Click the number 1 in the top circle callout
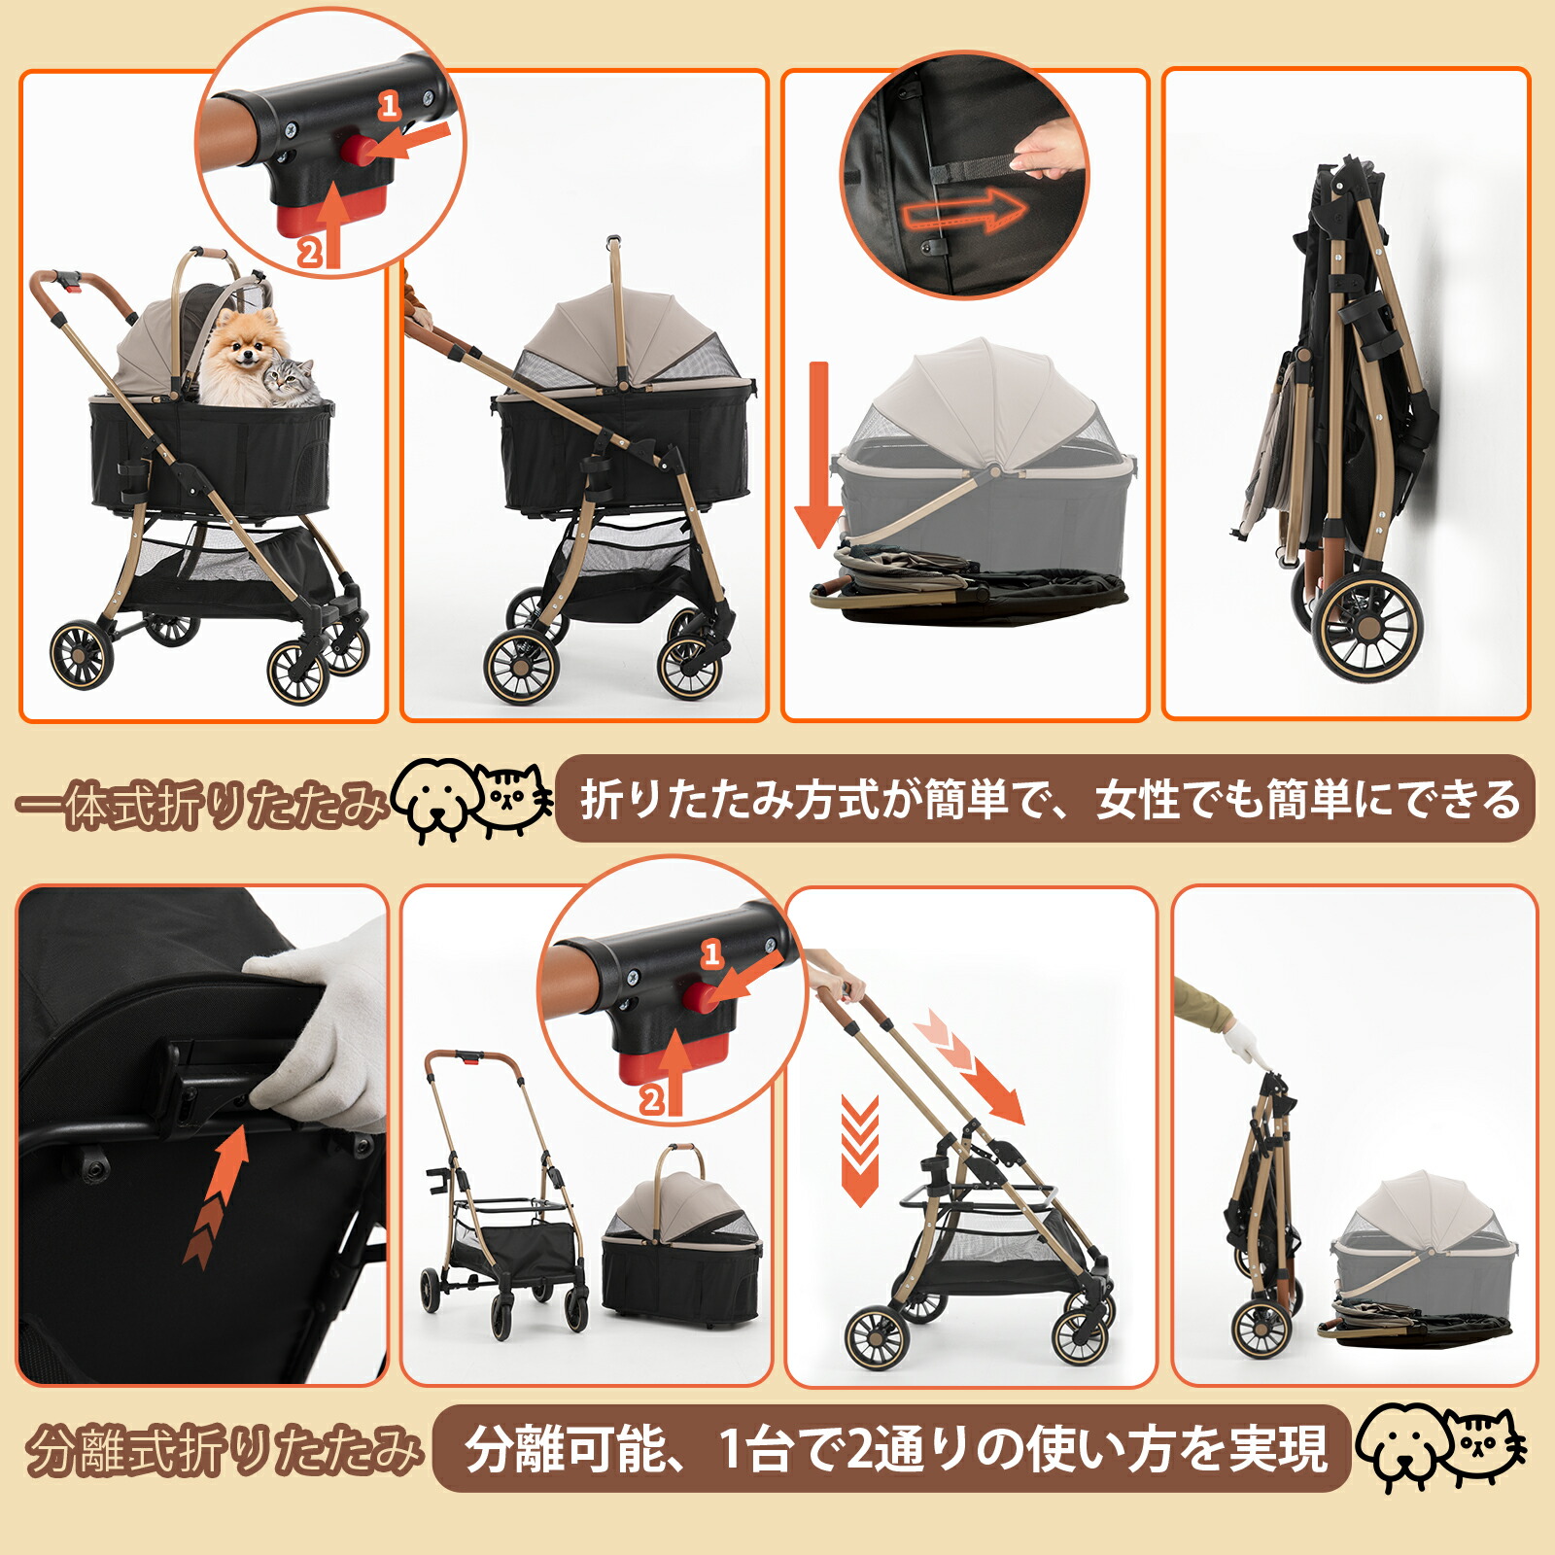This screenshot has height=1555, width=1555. tap(390, 105)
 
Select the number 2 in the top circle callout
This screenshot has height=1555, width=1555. tap(309, 253)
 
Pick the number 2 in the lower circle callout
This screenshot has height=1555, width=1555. tap(651, 1100)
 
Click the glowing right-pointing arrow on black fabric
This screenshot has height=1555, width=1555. tap(962, 210)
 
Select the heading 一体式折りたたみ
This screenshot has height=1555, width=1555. tap(202, 805)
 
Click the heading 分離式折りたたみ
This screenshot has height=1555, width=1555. tap(224, 1450)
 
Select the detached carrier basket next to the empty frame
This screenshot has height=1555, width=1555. tap(680, 1236)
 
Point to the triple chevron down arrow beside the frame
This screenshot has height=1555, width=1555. tap(859, 1151)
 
